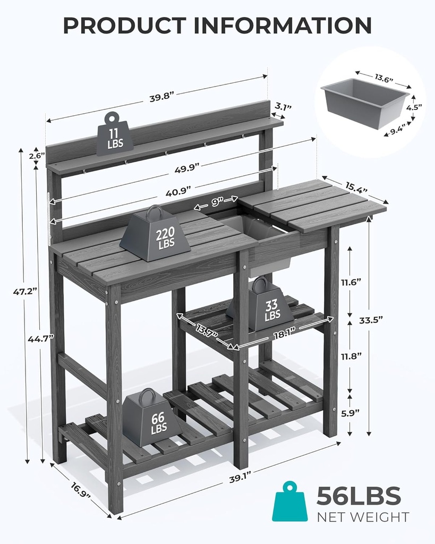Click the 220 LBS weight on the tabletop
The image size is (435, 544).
pyautogui.click(x=155, y=235)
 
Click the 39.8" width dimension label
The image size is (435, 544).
pyautogui.click(x=162, y=98)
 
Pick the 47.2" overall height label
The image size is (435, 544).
pyautogui.click(x=24, y=291)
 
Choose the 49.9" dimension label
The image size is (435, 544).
pyautogui.click(x=186, y=166)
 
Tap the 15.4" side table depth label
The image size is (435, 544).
pyautogui.click(x=357, y=187)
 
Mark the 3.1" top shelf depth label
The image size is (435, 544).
pyautogui.click(x=283, y=107)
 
